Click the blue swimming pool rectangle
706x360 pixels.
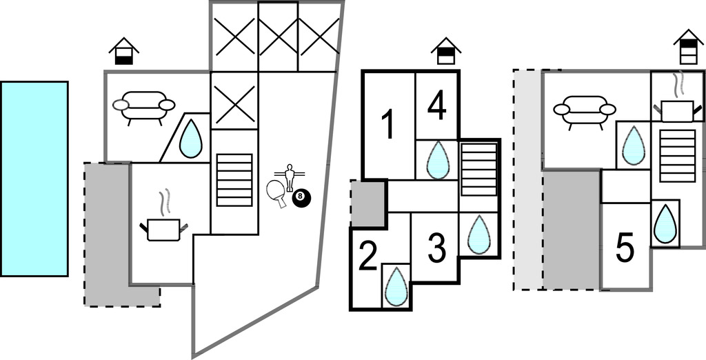pyautogui.click(x=34, y=179)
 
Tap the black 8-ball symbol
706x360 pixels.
pyautogui.click(x=301, y=198)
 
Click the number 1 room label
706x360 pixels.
pyautogui.click(x=388, y=126)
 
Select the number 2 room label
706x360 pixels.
pyautogui.click(x=367, y=257)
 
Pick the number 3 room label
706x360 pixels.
pyautogui.click(x=436, y=248)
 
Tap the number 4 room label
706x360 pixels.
pyautogui.click(x=437, y=106)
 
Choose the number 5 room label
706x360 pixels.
pyautogui.click(x=625, y=249)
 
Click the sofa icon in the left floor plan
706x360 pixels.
pyautogui.click(x=144, y=106)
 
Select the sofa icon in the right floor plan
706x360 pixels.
pyautogui.click(x=584, y=110)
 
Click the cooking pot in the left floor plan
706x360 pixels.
pyautogui.click(x=163, y=227)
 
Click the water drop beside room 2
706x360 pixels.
pyautogui.click(x=396, y=286)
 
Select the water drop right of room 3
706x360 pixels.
pyautogui.click(x=478, y=234)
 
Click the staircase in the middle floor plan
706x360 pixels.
pyautogui.click(x=478, y=169)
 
